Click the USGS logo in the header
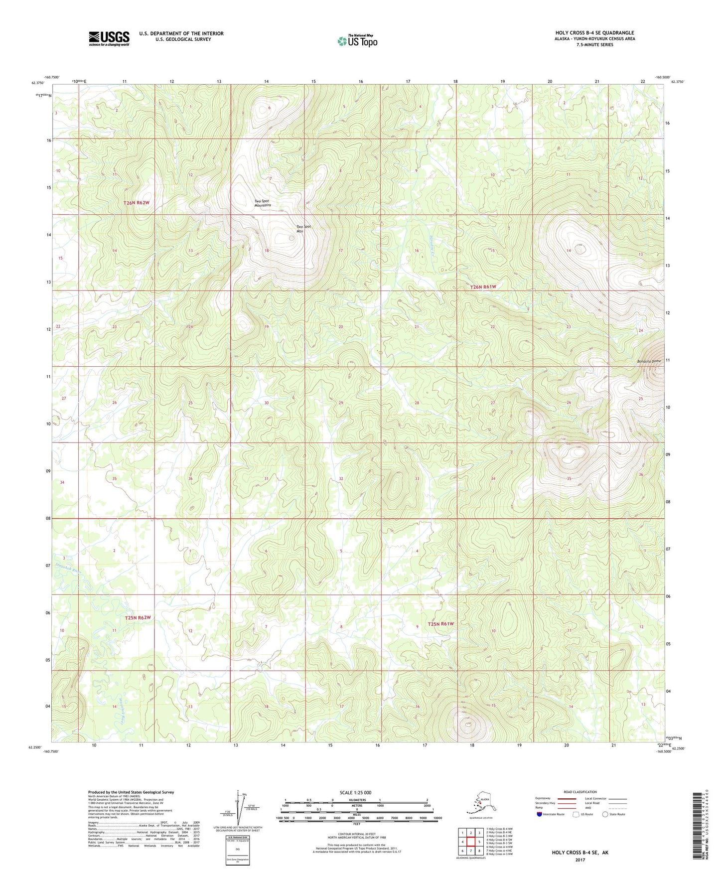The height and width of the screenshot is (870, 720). click(109, 38)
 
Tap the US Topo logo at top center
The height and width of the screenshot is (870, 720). click(357, 41)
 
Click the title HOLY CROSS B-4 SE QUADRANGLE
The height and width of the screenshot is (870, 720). click(594, 33)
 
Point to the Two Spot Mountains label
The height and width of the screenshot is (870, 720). click(263, 203)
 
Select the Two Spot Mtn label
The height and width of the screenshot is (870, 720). click(303, 229)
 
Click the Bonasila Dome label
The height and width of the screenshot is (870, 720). click(634, 361)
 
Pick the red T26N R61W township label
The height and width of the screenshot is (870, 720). click(483, 287)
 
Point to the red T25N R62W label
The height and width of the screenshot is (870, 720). click(138, 618)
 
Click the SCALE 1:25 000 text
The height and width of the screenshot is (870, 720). click(355, 793)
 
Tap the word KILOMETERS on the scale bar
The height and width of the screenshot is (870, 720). click(356, 800)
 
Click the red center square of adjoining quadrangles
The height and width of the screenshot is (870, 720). click(470, 842)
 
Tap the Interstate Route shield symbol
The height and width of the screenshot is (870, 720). click(540, 814)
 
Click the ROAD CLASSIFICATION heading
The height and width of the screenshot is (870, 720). click(580, 792)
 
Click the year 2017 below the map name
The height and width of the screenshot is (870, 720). click(580, 860)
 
